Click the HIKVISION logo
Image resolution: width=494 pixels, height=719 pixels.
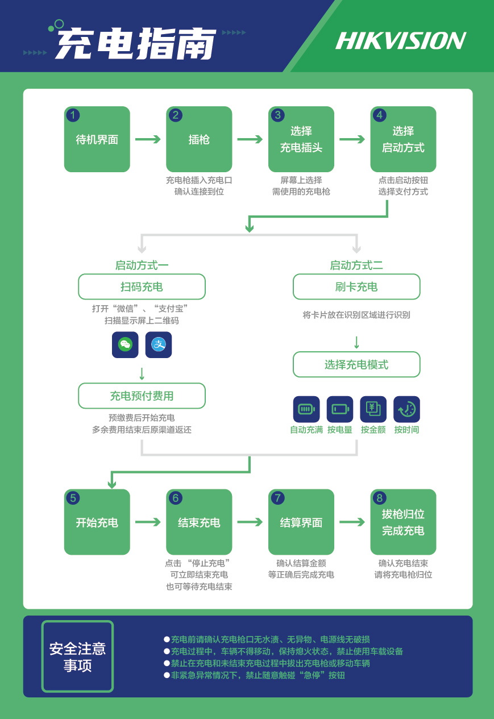(x=401, y=41)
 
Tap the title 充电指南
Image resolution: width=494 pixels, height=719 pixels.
(x=135, y=43)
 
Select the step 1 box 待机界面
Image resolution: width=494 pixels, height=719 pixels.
(x=97, y=139)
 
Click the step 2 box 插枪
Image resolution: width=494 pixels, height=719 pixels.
(x=199, y=139)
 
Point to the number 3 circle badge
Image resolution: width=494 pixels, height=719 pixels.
(x=277, y=115)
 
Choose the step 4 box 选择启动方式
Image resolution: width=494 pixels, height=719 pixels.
(x=403, y=139)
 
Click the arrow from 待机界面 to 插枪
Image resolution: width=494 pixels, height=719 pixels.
(x=148, y=139)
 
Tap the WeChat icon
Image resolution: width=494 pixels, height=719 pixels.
(x=125, y=344)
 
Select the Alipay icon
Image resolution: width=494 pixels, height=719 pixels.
(x=159, y=344)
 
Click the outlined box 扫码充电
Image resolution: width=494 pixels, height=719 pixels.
(x=142, y=286)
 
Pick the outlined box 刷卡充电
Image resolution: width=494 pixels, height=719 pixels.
(x=356, y=286)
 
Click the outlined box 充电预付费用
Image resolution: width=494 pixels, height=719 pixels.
(x=142, y=396)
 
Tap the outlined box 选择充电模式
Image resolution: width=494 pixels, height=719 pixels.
(x=356, y=364)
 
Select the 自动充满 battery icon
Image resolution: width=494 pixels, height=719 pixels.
(x=306, y=409)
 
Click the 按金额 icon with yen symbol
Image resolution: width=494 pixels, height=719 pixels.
(x=373, y=409)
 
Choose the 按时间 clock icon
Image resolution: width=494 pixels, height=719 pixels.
(x=406, y=409)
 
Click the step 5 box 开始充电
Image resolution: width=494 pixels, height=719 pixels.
(x=97, y=522)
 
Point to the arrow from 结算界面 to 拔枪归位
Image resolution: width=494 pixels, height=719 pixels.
(x=352, y=522)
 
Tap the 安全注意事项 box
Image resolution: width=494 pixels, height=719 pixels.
(x=77, y=656)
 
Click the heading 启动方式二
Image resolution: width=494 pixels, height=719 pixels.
(x=356, y=265)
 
